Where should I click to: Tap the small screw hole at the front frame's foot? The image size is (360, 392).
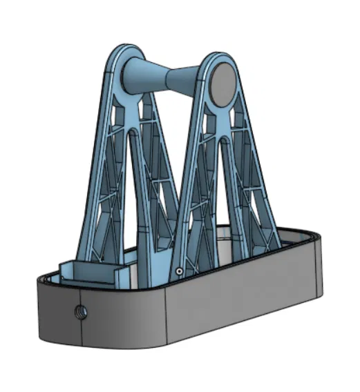[179, 271]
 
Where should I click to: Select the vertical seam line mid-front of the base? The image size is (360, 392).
[166, 314]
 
